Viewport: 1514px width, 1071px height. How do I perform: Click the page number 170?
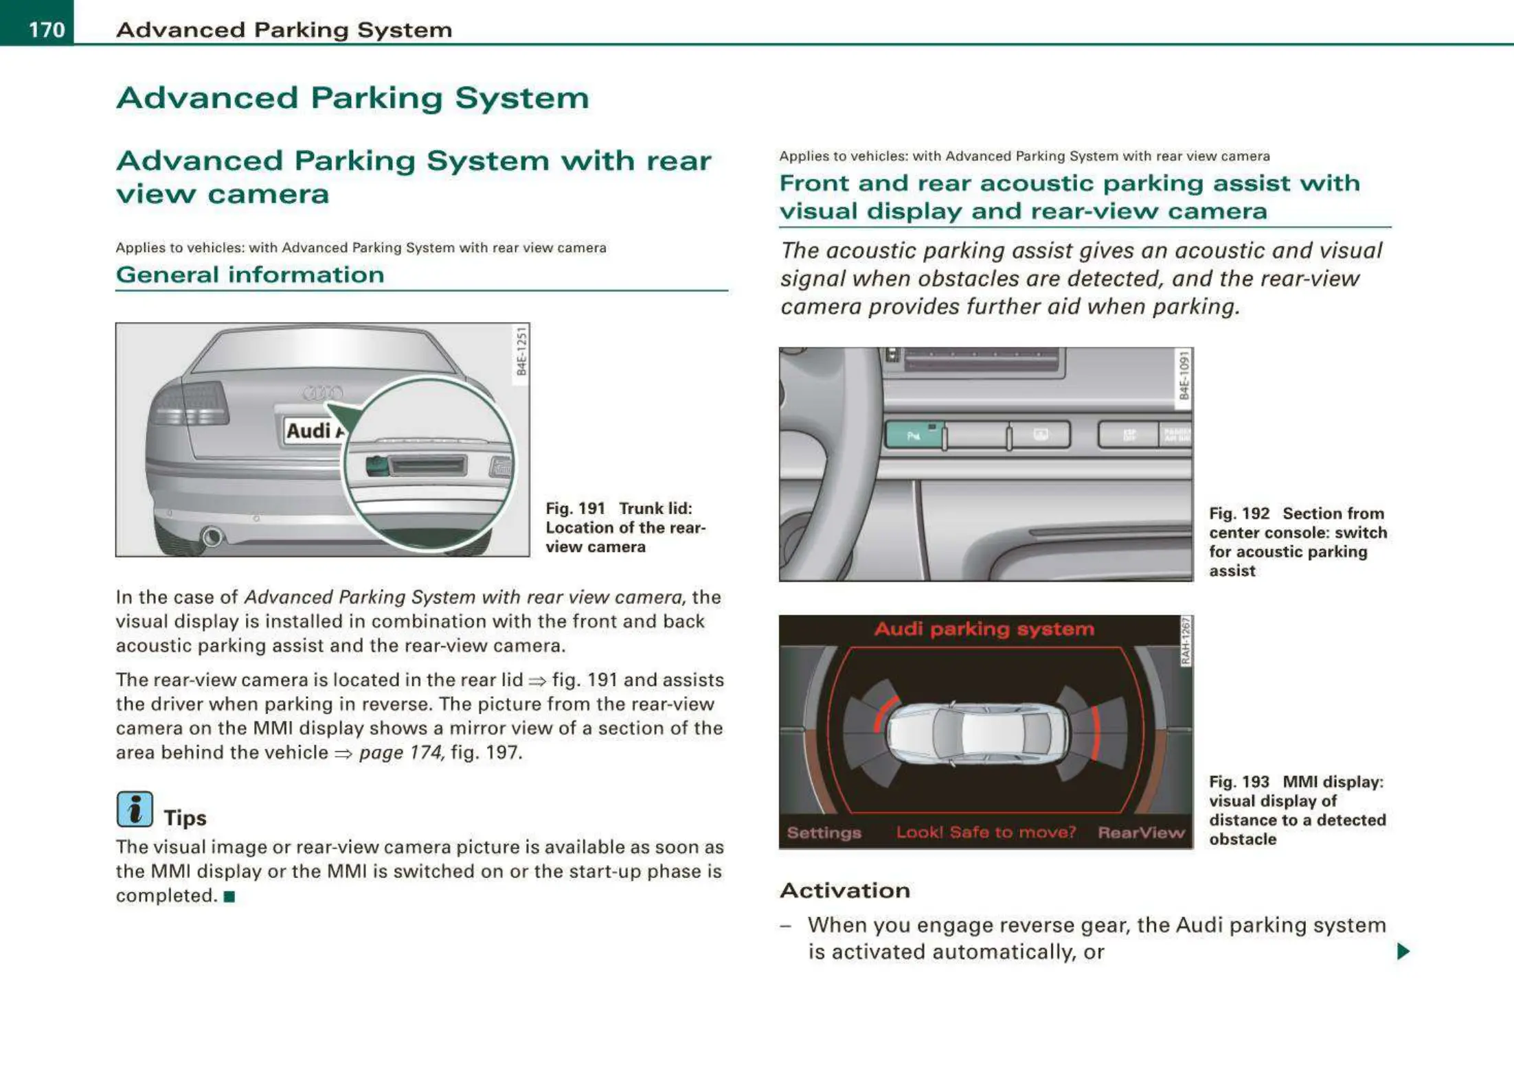(x=46, y=30)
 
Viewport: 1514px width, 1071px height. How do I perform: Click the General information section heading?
(x=250, y=275)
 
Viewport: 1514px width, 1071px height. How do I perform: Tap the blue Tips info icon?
(x=135, y=809)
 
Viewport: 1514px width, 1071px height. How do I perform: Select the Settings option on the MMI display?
(x=824, y=832)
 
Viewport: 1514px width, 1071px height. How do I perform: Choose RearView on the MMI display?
(x=1141, y=832)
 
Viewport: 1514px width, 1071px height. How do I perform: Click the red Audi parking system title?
(x=984, y=629)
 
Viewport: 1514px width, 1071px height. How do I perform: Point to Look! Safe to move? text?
(x=986, y=832)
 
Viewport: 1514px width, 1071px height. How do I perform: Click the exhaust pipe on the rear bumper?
(x=212, y=536)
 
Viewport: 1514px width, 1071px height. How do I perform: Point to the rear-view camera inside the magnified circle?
(x=377, y=466)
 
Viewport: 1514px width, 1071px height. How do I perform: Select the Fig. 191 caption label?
(x=575, y=509)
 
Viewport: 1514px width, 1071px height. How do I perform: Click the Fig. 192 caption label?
(x=1239, y=514)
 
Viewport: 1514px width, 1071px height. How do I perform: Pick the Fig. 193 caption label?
(x=1239, y=782)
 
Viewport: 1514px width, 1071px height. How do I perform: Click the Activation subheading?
(x=845, y=890)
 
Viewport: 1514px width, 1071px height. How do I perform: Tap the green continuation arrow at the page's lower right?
(x=1403, y=951)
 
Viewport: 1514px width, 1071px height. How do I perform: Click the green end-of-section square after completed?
(x=229, y=897)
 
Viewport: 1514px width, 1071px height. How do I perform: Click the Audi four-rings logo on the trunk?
(x=323, y=393)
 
